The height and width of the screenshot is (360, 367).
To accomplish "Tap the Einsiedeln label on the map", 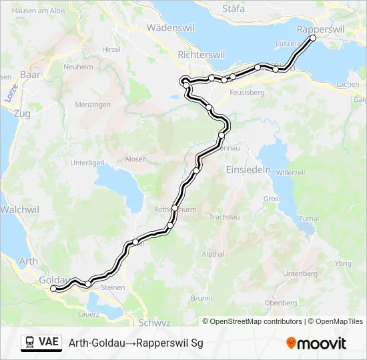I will (249, 169).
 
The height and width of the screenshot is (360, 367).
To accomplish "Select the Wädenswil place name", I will (169, 28).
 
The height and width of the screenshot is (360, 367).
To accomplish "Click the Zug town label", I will (21, 114).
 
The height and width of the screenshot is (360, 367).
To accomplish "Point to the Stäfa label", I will (234, 9).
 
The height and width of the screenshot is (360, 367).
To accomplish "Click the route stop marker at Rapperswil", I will (313, 38).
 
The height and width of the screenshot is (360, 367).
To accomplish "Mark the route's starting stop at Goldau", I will (54, 288).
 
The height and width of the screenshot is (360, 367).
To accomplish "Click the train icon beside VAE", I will (29, 343).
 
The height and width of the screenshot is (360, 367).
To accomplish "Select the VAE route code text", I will (49, 343).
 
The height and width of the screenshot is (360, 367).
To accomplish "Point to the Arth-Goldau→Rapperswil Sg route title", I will (135, 343).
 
